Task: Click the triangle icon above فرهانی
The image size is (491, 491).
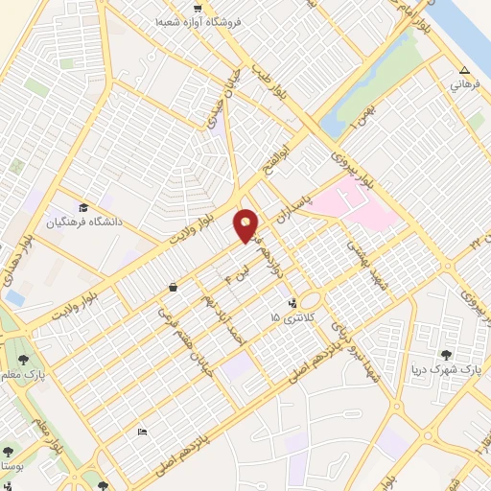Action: (464, 70)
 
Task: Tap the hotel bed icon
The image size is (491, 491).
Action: (142, 433)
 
